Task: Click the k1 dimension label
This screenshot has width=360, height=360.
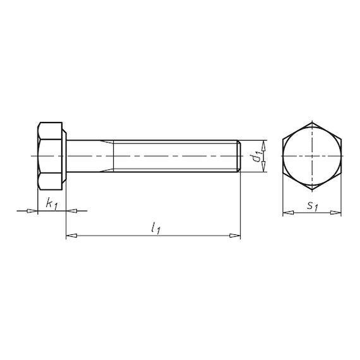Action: pos(51,203)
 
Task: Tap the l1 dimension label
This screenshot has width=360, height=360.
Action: pos(155,228)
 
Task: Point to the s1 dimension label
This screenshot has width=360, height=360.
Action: pos(313,206)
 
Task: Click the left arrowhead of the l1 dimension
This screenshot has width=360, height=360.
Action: pos(71,236)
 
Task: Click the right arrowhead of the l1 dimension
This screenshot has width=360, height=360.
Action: pos(235,236)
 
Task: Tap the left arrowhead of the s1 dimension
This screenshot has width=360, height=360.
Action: pos(288,213)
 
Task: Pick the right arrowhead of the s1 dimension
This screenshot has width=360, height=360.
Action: pos(335,213)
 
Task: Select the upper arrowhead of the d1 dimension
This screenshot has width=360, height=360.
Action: pos(264,145)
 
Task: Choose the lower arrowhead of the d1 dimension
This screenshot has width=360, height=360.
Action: pos(264,167)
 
